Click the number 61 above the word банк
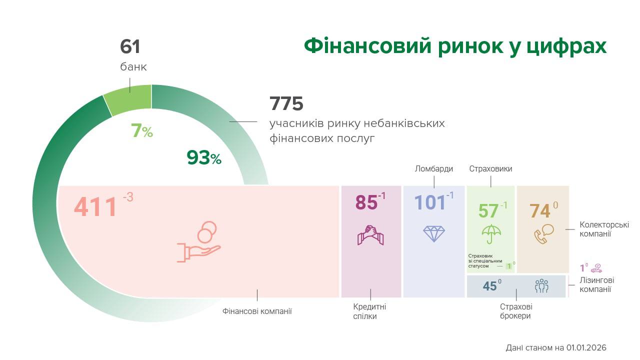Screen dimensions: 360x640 (x=130, y=47)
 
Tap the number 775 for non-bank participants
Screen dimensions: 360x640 (x=286, y=104)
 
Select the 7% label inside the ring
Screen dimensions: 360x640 (x=141, y=131)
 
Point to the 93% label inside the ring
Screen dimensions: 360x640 (x=204, y=157)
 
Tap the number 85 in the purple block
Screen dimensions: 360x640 (x=366, y=202)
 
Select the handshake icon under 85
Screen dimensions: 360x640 (x=370, y=234)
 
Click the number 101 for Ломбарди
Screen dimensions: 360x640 (x=429, y=202)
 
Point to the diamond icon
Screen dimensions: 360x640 (x=433, y=233)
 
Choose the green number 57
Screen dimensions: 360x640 (x=488, y=210)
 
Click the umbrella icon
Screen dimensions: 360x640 (x=491, y=233)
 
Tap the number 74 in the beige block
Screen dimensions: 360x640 (x=540, y=211)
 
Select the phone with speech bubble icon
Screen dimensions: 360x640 (x=543, y=233)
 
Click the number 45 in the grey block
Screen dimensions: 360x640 (x=489, y=286)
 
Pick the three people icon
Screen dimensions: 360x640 (x=541, y=286)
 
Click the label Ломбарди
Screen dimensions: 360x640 (x=433, y=169)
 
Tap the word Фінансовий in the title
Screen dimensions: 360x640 (x=368, y=46)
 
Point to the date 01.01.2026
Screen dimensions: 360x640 (x=586, y=347)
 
